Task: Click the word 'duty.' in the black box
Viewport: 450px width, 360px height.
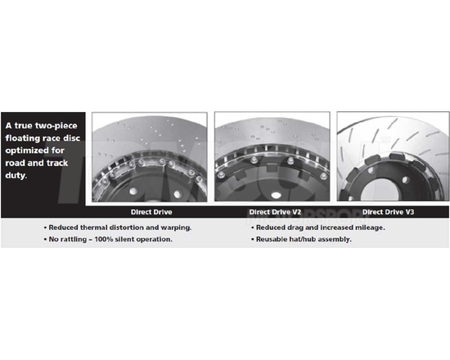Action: [16, 174]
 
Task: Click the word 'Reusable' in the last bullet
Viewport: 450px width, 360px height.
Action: [271, 239]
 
